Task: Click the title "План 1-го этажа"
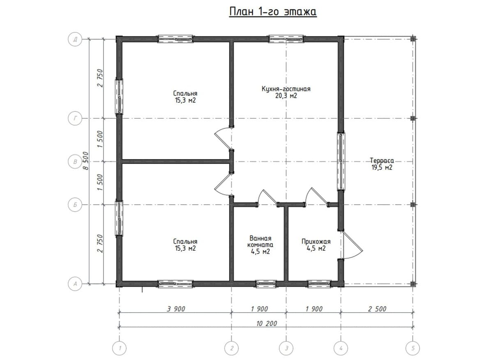273,12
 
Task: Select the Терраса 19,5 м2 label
382,164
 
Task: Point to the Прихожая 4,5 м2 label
316,245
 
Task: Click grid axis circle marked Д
75,39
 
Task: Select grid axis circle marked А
75,284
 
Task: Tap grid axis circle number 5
412,348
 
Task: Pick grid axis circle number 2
232,348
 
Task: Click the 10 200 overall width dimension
267,324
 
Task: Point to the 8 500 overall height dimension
86,161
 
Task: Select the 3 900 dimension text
176,309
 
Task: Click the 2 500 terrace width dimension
377,309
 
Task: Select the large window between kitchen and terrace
341,162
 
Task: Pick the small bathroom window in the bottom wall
266,284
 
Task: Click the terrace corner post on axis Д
412,39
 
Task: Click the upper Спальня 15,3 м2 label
185,97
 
